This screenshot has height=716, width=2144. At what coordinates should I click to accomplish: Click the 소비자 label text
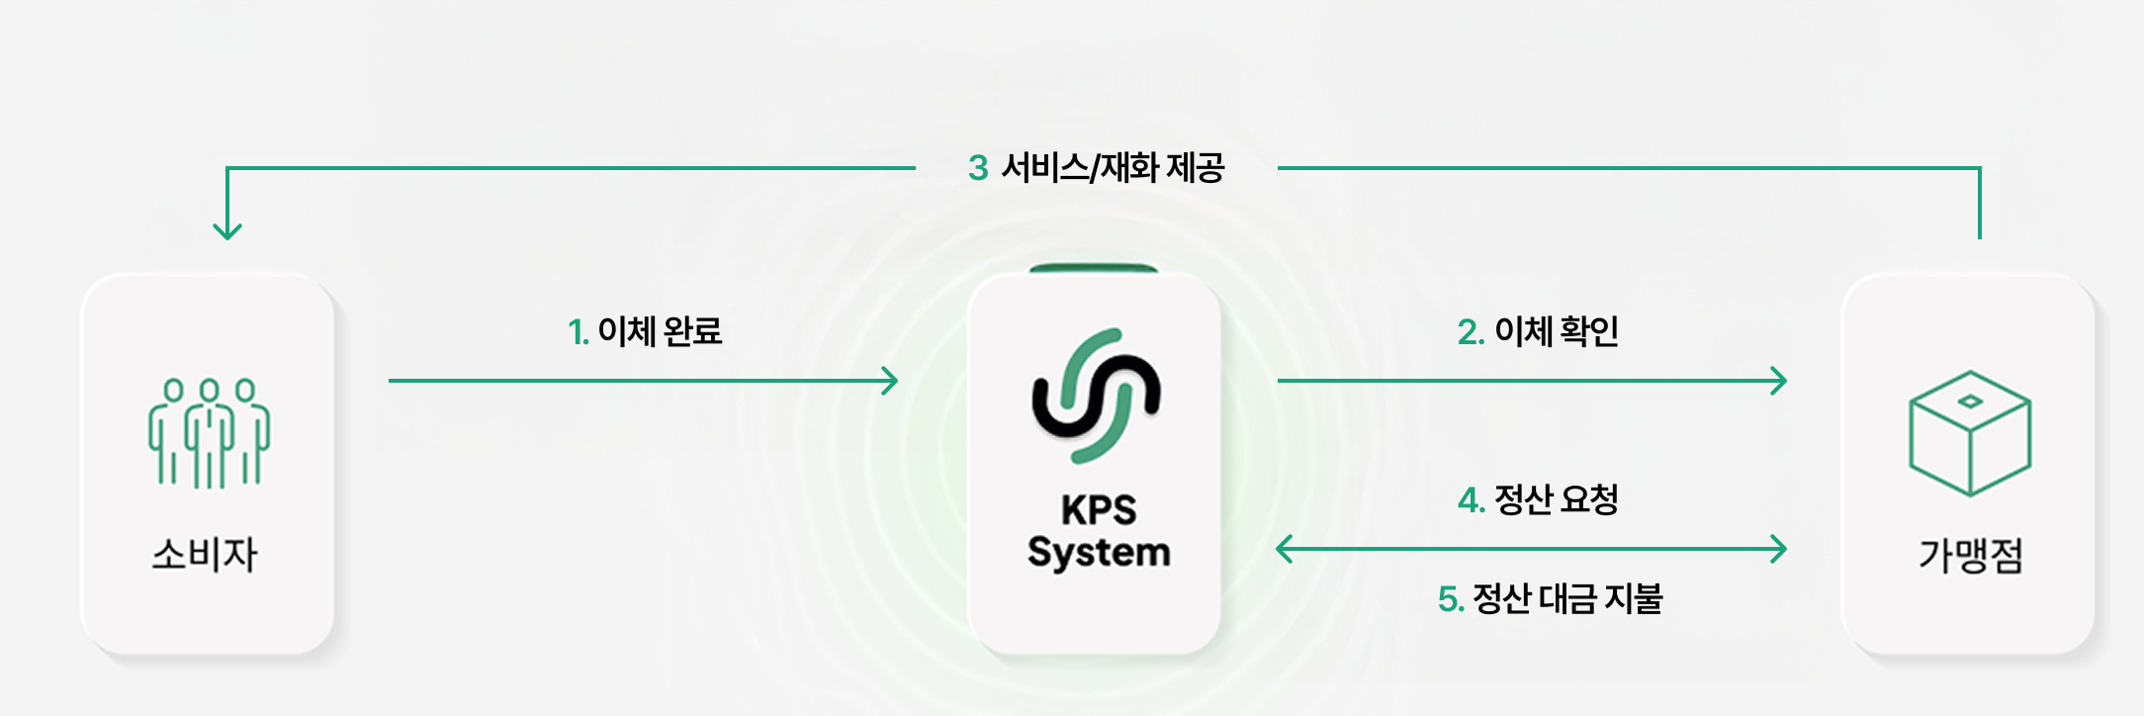point(205,554)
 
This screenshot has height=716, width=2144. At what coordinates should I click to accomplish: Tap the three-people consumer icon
point(209,433)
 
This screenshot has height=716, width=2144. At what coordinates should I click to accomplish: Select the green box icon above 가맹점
point(1970,433)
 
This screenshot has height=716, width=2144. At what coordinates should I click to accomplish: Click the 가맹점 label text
point(1970,554)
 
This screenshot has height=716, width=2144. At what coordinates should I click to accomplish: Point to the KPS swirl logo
point(1096,396)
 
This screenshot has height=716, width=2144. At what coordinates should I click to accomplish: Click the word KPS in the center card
point(1098,510)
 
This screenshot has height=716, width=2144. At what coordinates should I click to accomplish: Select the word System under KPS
point(1098,552)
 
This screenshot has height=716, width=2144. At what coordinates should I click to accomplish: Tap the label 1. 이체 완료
point(645,331)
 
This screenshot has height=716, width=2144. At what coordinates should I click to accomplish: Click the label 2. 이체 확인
point(1538,331)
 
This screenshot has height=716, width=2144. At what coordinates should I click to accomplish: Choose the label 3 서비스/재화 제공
point(1096,168)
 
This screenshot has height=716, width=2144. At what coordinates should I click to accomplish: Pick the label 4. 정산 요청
point(1538,499)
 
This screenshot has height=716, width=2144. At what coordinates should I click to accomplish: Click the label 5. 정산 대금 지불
point(1550,598)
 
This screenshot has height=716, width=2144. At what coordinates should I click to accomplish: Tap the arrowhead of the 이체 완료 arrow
point(891,381)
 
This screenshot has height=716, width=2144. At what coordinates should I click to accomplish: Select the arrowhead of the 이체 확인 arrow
point(1780,381)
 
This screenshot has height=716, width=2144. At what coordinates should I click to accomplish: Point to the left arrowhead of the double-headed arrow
point(1284,549)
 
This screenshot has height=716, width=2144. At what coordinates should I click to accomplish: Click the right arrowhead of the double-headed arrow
point(1780,549)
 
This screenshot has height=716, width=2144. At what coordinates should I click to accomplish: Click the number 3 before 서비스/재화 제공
point(978,168)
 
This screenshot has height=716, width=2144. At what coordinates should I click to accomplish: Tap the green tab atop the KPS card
point(1094,268)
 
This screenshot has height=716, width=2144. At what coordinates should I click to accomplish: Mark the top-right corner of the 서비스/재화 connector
point(1979,169)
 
